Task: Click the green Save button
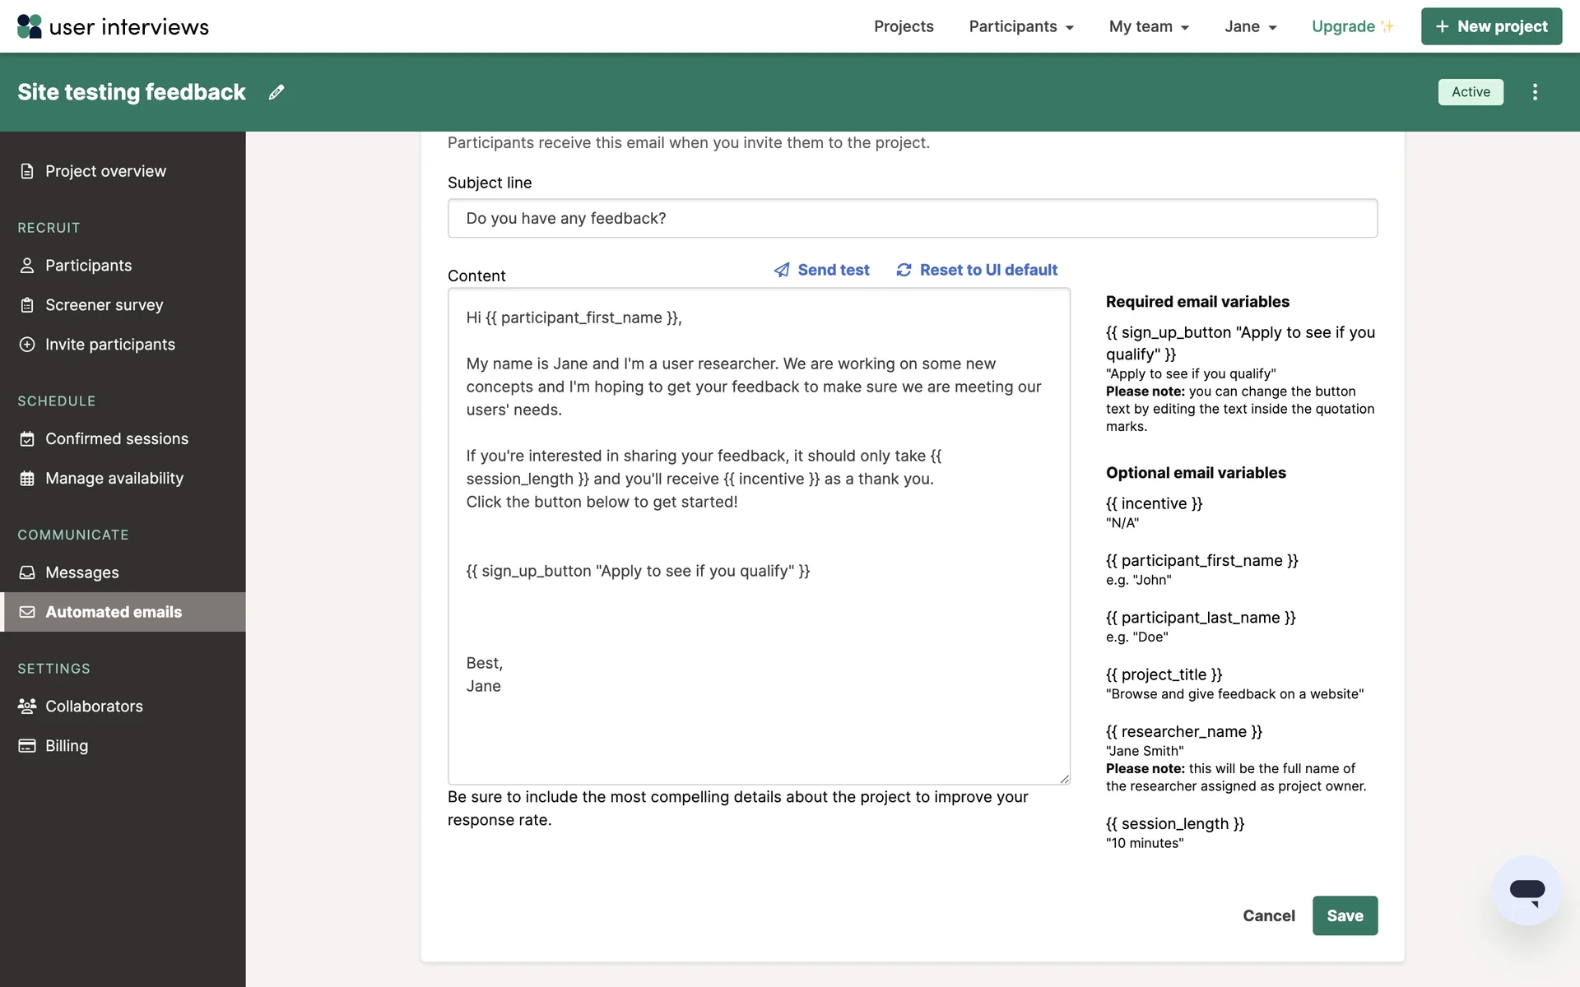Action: click(1345, 915)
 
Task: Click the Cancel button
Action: click(1268, 915)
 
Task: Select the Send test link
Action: click(821, 270)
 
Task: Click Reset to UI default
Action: click(977, 270)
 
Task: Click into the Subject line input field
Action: click(912, 218)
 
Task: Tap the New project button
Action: click(1491, 26)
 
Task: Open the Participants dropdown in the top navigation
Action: click(1021, 26)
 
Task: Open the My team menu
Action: click(1149, 26)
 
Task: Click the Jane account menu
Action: click(1250, 26)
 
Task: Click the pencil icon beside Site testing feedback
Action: click(276, 92)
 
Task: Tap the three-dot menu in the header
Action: click(1535, 92)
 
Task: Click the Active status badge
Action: click(1471, 92)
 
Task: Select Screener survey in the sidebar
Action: click(104, 305)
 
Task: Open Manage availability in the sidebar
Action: click(114, 479)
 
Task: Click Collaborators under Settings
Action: click(94, 707)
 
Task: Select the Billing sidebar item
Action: click(66, 746)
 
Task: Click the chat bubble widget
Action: click(1527, 891)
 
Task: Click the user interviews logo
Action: click(113, 26)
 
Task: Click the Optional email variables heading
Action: click(1196, 473)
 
